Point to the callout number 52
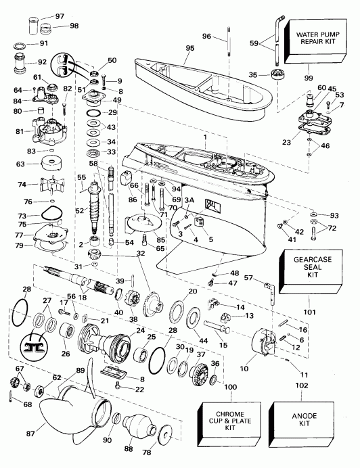(78, 211)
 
